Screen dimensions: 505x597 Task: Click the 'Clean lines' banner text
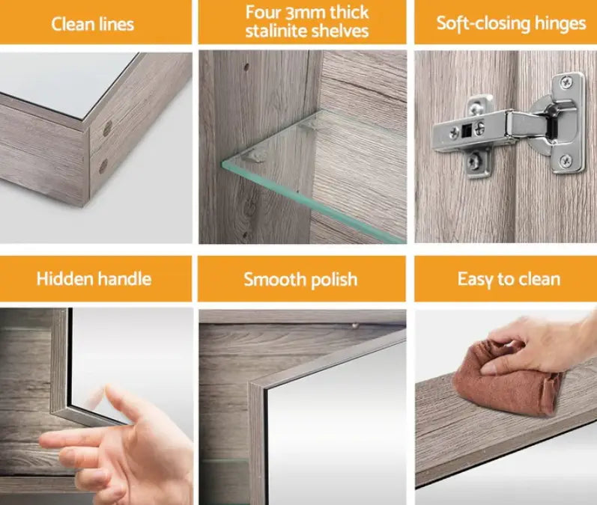pos(94,23)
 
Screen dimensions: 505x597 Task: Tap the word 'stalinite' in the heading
pos(276,31)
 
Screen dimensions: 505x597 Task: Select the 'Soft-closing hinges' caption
pos(511,23)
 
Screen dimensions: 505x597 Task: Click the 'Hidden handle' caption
pos(94,279)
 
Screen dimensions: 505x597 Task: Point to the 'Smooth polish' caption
pos(300,280)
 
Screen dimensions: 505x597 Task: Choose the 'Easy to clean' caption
pos(509,280)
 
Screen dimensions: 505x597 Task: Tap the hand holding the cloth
pos(532,343)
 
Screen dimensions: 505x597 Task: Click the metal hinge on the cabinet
pos(509,123)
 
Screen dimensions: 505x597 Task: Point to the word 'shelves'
pos(338,31)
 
